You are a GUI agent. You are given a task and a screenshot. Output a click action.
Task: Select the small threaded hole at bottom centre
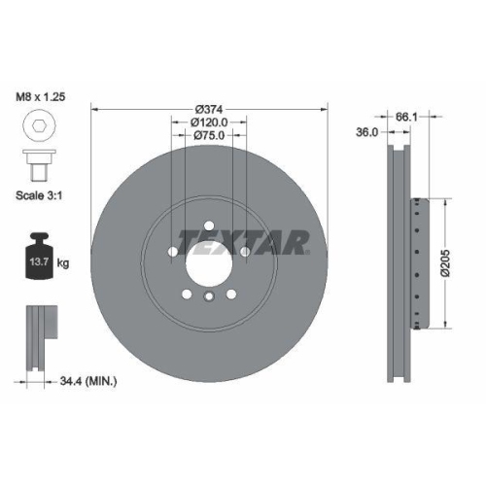pos(208,296)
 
